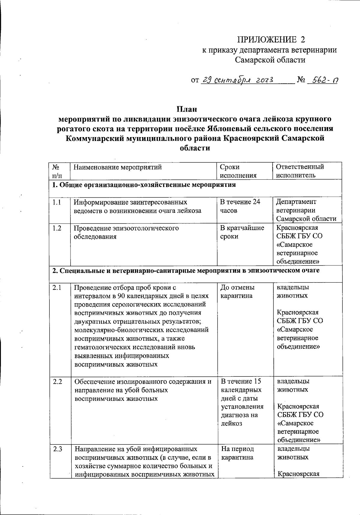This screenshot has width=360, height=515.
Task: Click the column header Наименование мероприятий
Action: click(x=118, y=167)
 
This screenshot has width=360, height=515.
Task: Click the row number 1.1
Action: click(x=57, y=202)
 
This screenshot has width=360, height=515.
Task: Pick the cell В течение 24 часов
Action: click(x=240, y=206)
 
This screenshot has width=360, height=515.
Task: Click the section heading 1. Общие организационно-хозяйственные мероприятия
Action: click(x=144, y=185)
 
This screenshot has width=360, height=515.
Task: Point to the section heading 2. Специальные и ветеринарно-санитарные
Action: click(x=186, y=271)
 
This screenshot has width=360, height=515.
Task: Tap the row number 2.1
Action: click(x=57, y=288)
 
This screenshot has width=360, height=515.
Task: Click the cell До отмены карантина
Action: click(x=237, y=292)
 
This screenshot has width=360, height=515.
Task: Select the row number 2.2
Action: click(x=57, y=382)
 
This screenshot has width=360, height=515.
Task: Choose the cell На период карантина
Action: click(x=237, y=453)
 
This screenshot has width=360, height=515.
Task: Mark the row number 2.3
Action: click(x=57, y=449)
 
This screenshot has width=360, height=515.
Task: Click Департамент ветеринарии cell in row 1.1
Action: click(x=306, y=210)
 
